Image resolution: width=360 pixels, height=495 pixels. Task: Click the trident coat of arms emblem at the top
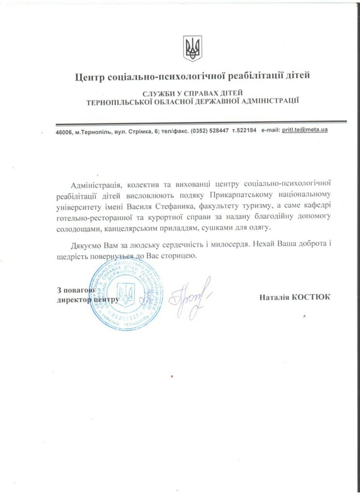pos(193,48)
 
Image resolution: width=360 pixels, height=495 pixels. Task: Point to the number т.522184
pos(244,131)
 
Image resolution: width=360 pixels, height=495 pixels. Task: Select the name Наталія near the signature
pos(273,297)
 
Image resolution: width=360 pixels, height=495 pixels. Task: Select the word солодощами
pos(77,227)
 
